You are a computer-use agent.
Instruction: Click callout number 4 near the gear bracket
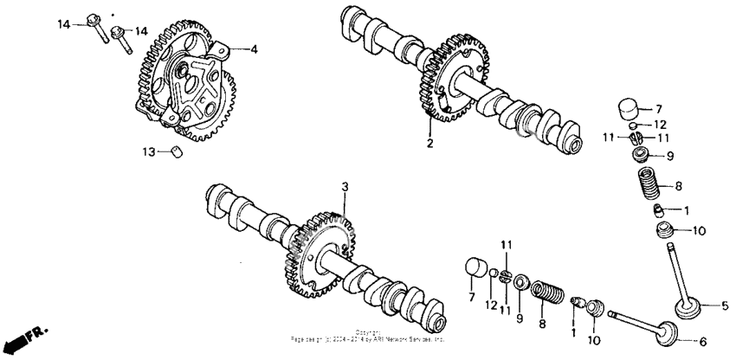coord(255,50)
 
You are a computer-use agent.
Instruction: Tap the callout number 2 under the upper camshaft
coord(429,142)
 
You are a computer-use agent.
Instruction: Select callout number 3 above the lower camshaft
coord(344,186)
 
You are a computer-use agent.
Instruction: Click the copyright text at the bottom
coord(368,337)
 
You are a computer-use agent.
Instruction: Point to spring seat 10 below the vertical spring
coord(665,232)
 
